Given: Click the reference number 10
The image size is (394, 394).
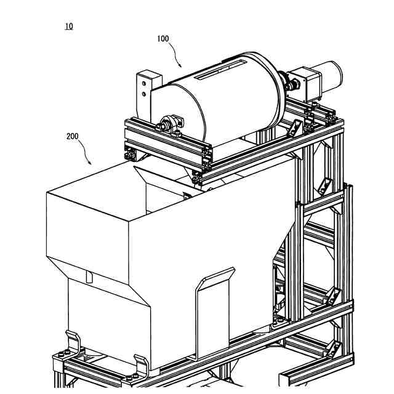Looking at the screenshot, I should click(x=68, y=26).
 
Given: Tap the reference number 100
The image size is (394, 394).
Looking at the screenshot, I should click(x=163, y=39).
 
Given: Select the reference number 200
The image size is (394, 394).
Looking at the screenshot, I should click(x=73, y=137).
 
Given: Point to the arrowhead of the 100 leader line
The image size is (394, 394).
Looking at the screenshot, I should click(x=180, y=65).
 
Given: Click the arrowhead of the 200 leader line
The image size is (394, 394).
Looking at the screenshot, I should click(x=92, y=164).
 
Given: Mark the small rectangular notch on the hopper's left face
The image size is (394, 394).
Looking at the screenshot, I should click(x=89, y=277).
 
